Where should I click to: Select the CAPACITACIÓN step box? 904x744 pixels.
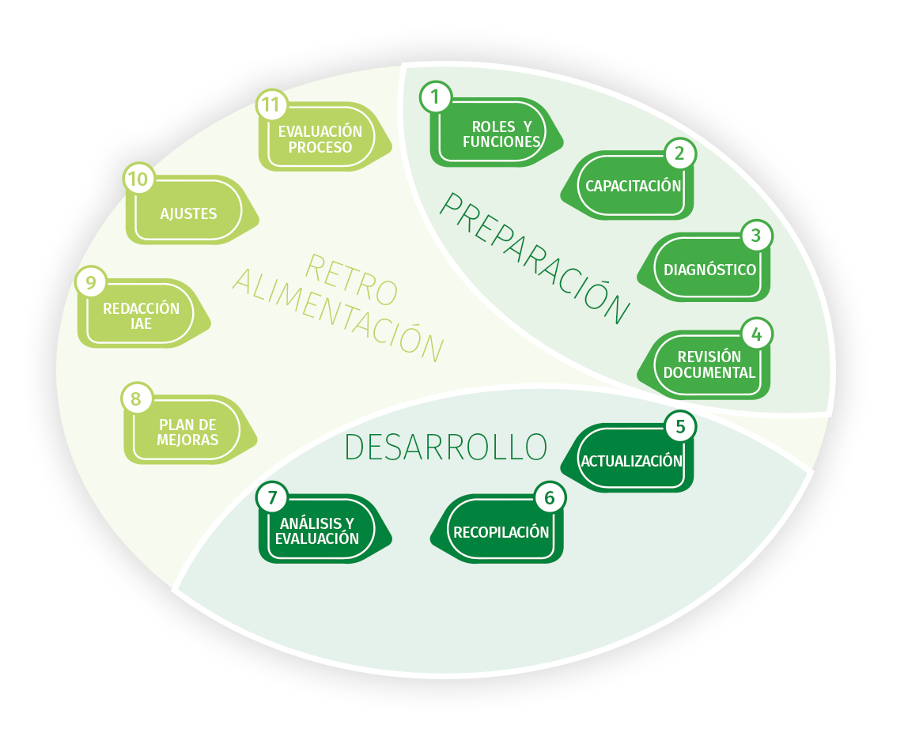click(x=633, y=186)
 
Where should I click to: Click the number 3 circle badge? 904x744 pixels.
click(x=756, y=235)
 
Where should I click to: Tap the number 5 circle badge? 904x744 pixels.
click(x=679, y=427)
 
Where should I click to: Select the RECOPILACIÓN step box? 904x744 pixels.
click(x=501, y=532)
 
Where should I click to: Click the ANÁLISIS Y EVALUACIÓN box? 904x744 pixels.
click(x=317, y=531)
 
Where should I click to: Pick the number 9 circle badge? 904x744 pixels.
click(x=91, y=281)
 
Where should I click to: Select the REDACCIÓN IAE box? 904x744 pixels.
click(x=142, y=315)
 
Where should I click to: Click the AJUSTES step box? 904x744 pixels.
click(x=188, y=213)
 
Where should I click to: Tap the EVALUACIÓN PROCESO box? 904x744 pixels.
click(x=320, y=139)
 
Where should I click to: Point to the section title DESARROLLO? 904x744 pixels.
click(x=445, y=448)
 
